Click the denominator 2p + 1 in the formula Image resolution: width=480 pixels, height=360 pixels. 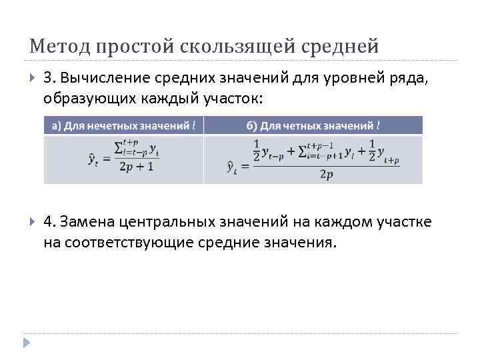(136, 167)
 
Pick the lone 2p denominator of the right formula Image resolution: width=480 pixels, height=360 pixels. (327, 175)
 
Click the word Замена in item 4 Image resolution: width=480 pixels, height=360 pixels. (85, 222)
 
